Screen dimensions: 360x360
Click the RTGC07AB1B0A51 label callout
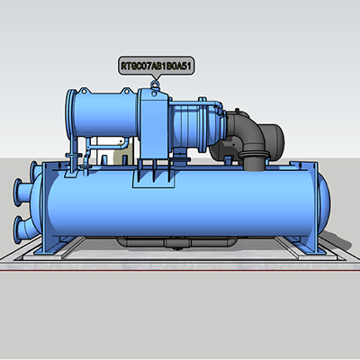click(157, 65)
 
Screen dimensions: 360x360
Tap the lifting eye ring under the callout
click(155, 85)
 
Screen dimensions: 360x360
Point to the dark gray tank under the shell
click(177, 242)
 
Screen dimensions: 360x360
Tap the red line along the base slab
click(180, 271)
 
